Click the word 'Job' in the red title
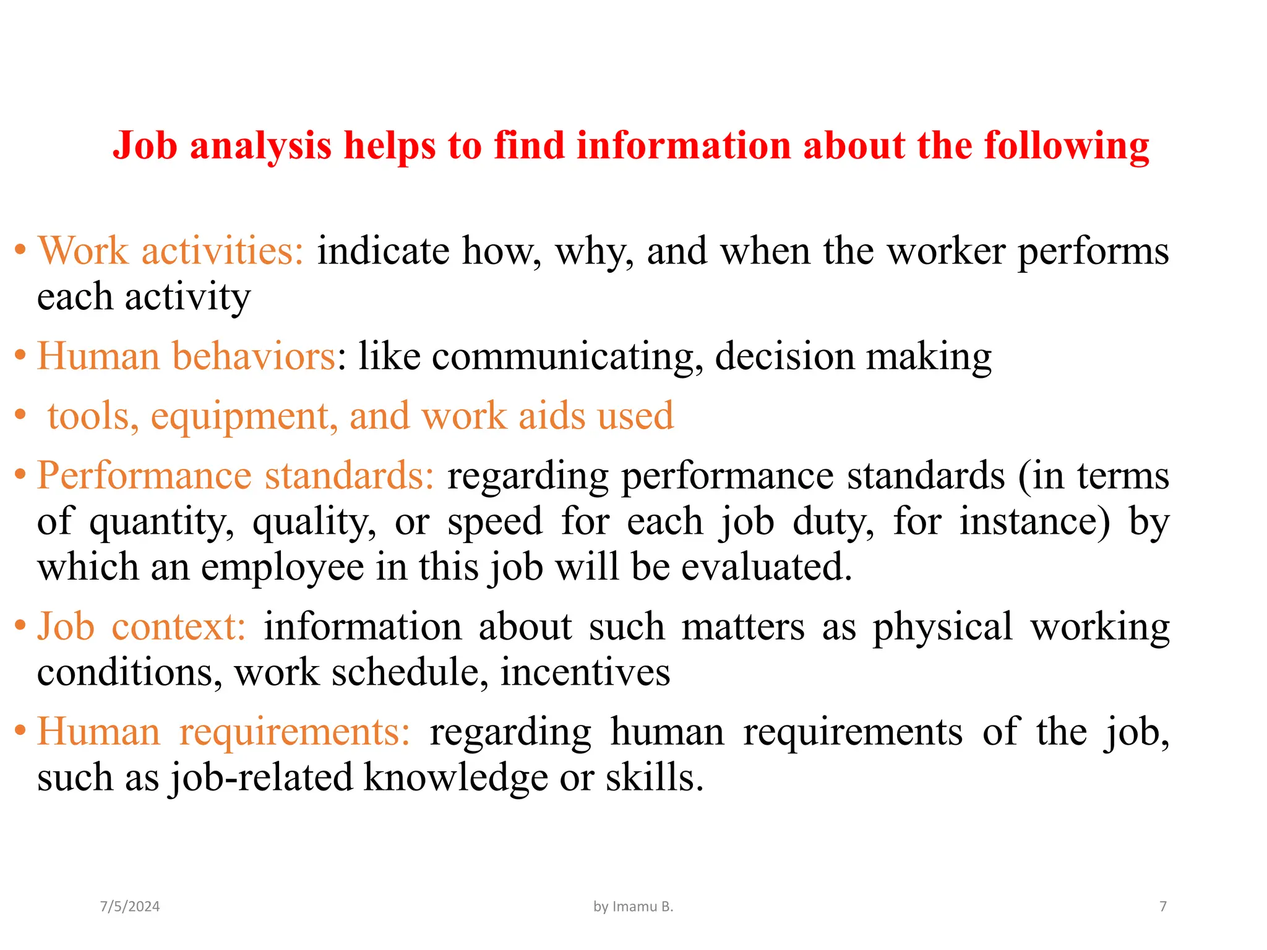tap(145, 146)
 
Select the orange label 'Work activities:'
tap(171, 251)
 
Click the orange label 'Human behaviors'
tap(186, 356)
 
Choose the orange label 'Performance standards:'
tap(236, 476)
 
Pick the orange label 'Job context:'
tap(142, 627)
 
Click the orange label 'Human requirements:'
tap(223, 732)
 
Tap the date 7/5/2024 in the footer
tap(130, 907)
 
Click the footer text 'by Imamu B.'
tap(633, 907)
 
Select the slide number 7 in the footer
tap(1163, 907)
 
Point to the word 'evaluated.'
tap(767, 567)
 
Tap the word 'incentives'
tap(585, 672)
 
